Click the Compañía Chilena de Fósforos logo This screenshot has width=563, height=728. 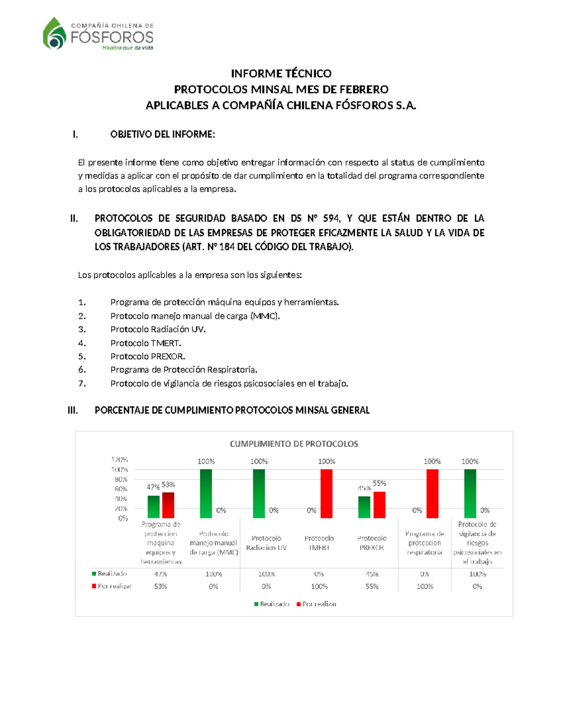98,33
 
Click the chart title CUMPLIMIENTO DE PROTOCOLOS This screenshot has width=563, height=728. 294,444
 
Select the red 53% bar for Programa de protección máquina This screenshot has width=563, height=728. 168,505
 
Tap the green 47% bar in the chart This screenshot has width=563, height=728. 153,507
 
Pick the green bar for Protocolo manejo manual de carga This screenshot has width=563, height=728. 205,494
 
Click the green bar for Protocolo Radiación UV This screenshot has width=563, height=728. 259,494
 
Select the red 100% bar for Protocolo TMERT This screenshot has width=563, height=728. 327,494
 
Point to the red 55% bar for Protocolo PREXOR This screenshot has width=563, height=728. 379,505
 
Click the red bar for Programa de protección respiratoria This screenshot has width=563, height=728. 432,494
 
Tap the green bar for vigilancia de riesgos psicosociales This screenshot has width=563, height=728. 470,494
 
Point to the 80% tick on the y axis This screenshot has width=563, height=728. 121,480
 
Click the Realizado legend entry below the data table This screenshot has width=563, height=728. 272,604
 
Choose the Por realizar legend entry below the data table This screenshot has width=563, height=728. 317,604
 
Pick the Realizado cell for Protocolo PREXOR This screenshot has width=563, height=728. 372,574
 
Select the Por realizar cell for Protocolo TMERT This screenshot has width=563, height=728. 320,586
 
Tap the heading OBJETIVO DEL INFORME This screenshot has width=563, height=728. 162,135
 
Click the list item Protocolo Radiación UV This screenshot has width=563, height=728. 158,330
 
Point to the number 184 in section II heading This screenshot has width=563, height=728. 227,247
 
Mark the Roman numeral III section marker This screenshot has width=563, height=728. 73,411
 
